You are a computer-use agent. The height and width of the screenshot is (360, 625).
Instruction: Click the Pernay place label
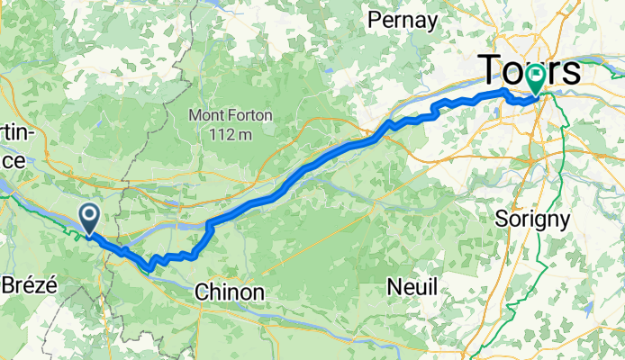[x=403, y=20]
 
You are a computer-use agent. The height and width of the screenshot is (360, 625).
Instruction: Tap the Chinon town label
[x=231, y=292]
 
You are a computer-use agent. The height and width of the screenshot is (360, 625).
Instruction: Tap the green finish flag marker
[x=536, y=78]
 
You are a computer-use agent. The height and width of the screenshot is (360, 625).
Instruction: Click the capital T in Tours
[x=492, y=69]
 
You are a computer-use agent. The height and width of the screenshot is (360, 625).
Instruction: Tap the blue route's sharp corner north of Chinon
[x=208, y=222]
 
